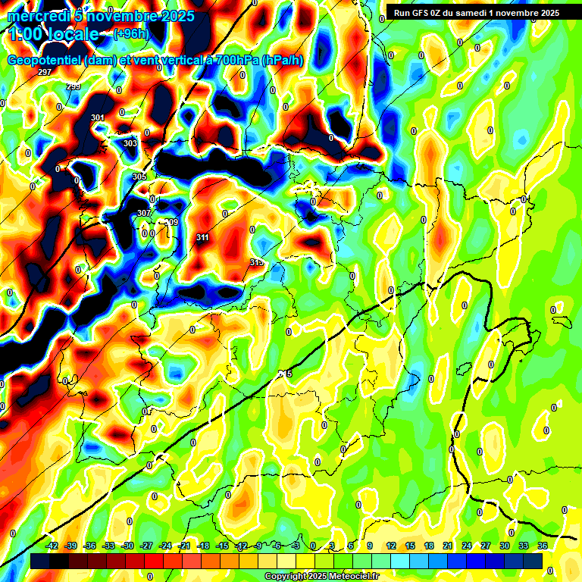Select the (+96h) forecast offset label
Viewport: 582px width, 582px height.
131,33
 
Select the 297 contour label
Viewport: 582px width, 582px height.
45,72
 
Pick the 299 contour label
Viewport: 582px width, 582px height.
74,87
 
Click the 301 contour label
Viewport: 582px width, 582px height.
97,117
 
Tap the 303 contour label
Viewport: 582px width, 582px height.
130,143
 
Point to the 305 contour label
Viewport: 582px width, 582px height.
139,177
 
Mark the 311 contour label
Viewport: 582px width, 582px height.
202,238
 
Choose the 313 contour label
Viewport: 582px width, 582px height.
256,262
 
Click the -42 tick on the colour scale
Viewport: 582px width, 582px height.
52,546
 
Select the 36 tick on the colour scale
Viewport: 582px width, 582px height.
543,546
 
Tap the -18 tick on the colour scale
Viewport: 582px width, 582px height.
203,546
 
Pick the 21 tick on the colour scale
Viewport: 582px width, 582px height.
449,546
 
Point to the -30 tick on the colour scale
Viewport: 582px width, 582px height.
127,546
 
